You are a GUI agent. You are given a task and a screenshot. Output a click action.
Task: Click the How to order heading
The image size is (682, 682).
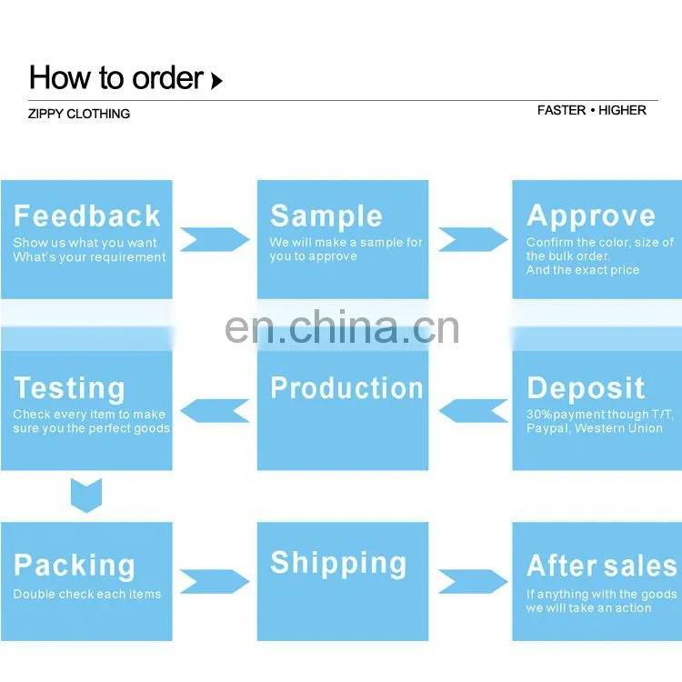click(x=116, y=78)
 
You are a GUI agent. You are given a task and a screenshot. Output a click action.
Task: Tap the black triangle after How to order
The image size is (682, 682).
click(x=216, y=81)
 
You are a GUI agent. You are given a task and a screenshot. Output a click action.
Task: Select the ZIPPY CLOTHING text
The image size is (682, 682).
click(x=79, y=114)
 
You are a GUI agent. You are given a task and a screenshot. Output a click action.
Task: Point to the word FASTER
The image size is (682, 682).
click(x=562, y=110)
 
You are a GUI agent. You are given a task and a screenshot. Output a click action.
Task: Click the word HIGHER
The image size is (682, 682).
click(x=622, y=110)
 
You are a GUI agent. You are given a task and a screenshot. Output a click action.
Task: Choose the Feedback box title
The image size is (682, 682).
click(x=87, y=216)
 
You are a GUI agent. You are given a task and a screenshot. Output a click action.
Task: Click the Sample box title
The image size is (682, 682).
click(x=326, y=216)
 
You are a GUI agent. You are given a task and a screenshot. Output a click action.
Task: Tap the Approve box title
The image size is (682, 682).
click(x=591, y=216)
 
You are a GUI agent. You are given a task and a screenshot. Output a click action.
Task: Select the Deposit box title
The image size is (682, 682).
click(x=586, y=388)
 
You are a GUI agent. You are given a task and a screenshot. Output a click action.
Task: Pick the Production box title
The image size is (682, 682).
click(x=346, y=388)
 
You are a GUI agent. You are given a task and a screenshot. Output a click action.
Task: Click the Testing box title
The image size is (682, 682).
click(x=69, y=388)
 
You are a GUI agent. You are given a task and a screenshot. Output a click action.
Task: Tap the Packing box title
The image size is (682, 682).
click(x=75, y=566)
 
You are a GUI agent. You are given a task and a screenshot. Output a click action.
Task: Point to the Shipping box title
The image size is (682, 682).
click(x=338, y=564)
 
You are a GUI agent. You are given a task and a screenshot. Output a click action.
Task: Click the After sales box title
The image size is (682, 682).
click(x=602, y=566)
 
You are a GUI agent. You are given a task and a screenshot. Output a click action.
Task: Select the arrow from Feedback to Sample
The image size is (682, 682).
click(x=215, y=239)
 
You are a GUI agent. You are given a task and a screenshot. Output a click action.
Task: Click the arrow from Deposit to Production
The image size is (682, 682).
click(x=473, y=411)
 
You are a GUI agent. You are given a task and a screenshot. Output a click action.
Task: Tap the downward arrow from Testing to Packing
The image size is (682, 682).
click(x=86, y=496)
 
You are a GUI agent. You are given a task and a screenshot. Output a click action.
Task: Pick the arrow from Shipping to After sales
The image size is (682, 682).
click(x=473, y=582)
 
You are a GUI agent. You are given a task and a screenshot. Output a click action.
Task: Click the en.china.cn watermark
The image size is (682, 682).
click(x=342, y=327)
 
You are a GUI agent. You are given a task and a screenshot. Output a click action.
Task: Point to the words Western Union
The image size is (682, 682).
click(x=618, y=428)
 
